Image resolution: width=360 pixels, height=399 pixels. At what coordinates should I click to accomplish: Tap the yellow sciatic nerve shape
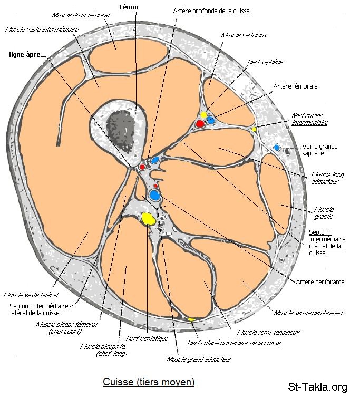pyautogui.click(x=148, y=218)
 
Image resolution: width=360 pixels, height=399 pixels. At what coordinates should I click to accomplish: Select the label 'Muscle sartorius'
pyautogui.click(x=244, y=35)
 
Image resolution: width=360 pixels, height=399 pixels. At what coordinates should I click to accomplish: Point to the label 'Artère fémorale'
pyautogui.click(x=295, y=86)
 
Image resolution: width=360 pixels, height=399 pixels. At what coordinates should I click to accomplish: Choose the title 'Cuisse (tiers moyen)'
pyautogui.click(x=148, y=382)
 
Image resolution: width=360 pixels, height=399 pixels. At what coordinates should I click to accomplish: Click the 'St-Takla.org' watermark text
pyautogui.click(x=317, y=387)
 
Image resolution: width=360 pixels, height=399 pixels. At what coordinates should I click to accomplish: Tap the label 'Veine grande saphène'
pyautogui.click(x=319, y=150)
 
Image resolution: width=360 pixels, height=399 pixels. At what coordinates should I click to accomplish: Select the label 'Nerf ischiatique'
pyautogui.click(x=147, y=339)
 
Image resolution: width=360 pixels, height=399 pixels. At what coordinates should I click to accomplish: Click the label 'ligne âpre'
pyautogui.click(x=24, y=54)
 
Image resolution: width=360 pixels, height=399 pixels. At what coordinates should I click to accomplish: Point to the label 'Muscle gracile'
pyautogui.click(x=324, y=212)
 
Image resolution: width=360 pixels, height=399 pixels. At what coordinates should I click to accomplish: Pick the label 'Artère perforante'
pyautogui.click(x=320, y=281)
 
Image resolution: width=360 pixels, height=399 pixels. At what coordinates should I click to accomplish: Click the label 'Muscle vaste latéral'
pyautogui.click(x=31, y=295)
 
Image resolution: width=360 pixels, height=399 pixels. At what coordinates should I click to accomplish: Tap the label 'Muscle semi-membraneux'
pyautogui.click(x=309, y=313)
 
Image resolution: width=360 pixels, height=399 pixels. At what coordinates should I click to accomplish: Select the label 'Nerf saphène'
pyautogui.click(x=265, y=62)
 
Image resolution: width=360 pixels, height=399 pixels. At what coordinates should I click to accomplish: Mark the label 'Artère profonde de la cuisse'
pyautogui.click(x=211, y=11)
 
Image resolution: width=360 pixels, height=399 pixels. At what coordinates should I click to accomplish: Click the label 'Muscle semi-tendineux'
pyautogui.click(x=268, y=332)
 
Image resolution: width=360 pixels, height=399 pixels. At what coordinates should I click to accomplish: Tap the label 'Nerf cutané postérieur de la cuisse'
pyautogui.click(x=233, y=343)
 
